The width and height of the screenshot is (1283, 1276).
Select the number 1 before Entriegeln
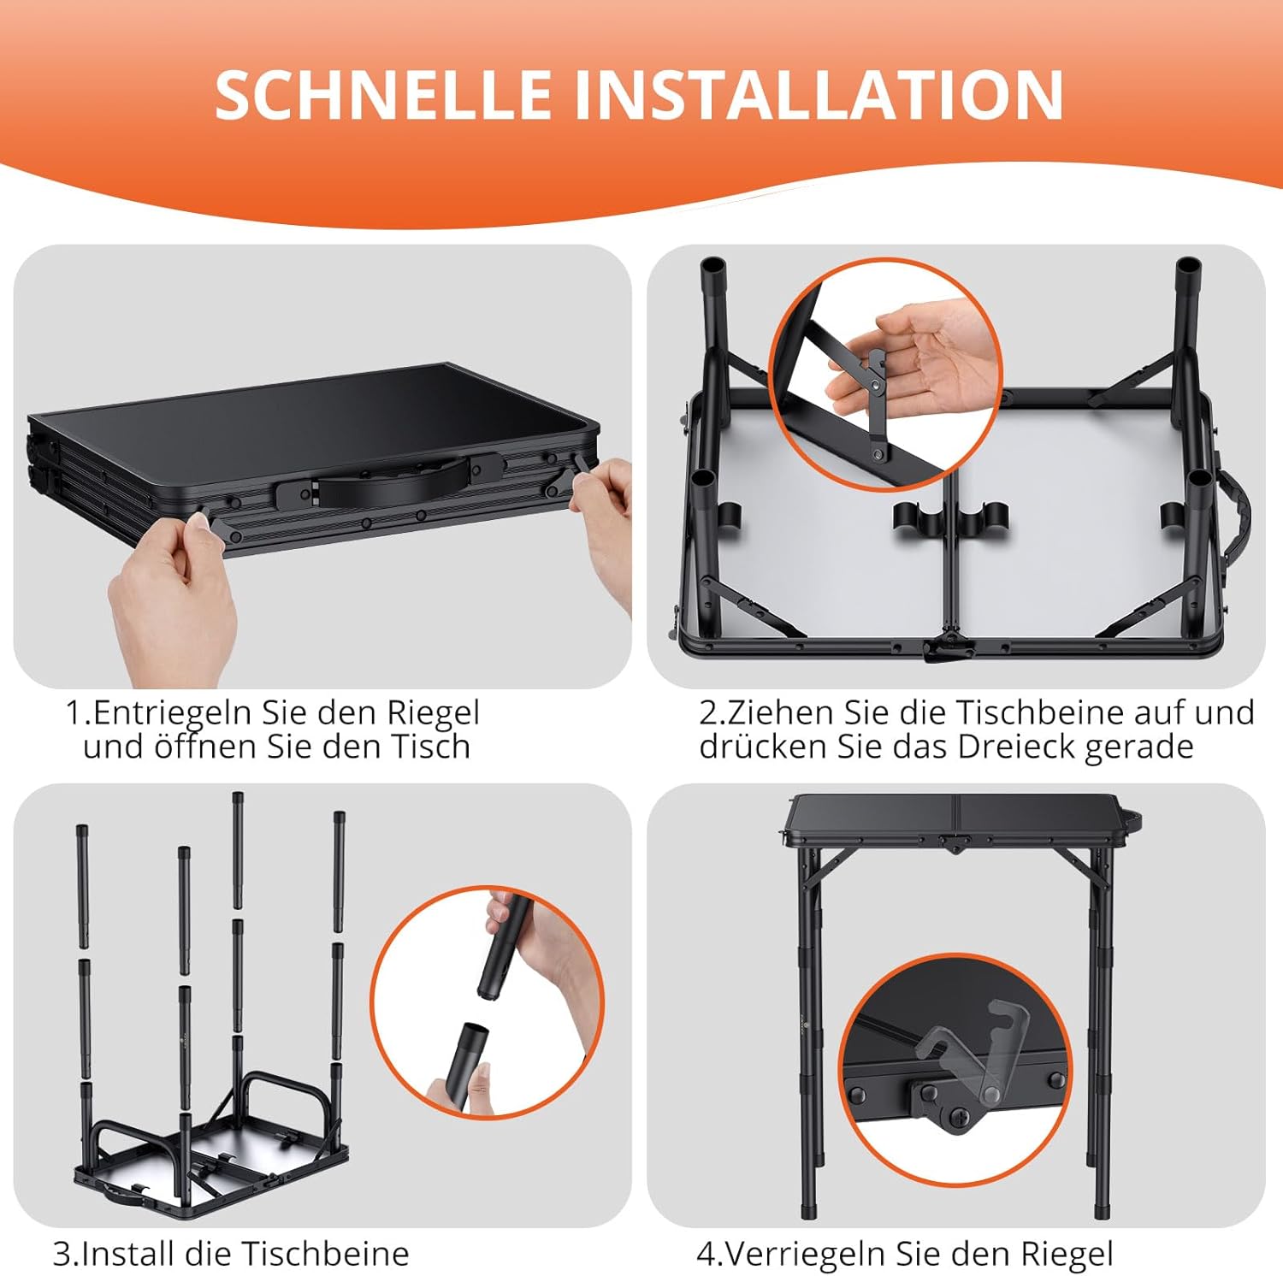point(75,712)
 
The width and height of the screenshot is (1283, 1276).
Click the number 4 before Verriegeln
point(706,1254)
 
